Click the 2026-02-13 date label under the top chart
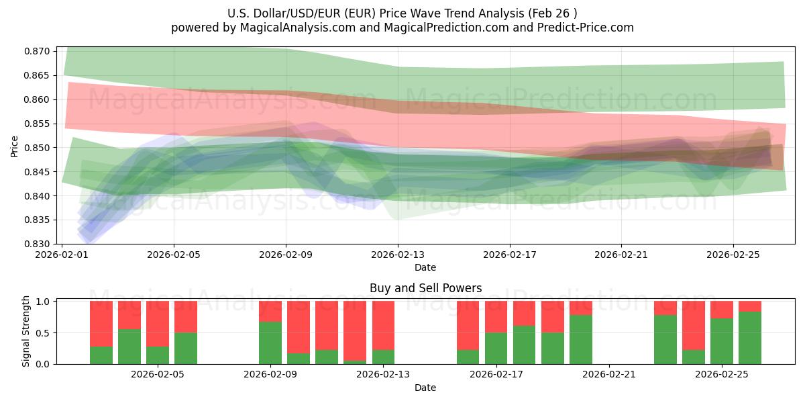(x=398, y=255)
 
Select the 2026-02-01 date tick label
(x=62, y=255)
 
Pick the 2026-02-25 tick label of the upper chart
(x=733, y=255)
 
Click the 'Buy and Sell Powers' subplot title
(x=425, y=288)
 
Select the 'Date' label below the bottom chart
(x=425, y=388)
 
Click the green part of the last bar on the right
(x=750, y=338)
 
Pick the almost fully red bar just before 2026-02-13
(x=355, y=330)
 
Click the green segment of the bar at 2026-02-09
(x=270, y=343)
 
